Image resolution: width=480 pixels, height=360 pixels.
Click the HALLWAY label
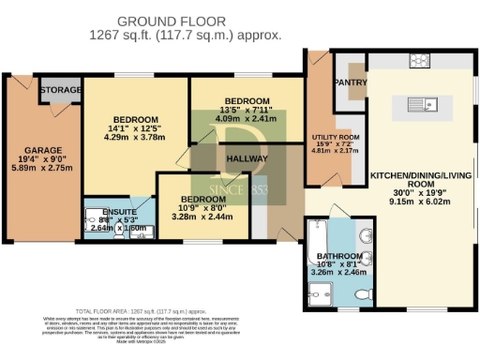[x=245, y=159]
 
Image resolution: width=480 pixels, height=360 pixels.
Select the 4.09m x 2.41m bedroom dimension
[x=247, y=120]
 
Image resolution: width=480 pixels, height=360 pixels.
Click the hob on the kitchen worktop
[x=419, y=62]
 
